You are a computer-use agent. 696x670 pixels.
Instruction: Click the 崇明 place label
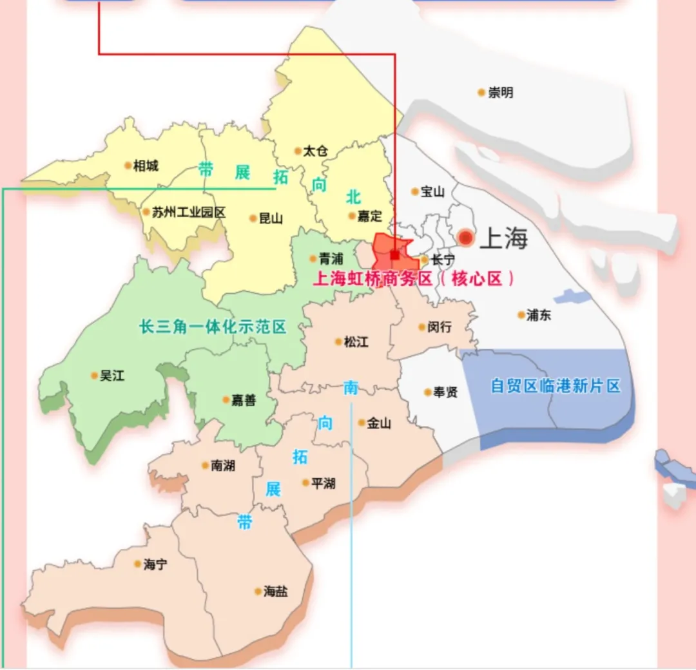501,93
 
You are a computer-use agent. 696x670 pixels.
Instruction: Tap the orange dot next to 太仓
298,151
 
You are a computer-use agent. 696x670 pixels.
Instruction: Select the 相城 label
145,166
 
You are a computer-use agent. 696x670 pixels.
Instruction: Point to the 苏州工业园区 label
188,212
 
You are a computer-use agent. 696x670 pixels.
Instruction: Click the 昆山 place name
271,218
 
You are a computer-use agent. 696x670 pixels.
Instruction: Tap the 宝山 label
432,192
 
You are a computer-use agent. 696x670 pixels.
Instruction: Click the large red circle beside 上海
465,238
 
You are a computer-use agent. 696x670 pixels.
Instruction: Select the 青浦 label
331,259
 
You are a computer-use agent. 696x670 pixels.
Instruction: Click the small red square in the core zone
394,255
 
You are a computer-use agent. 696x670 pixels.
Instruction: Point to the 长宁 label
443,260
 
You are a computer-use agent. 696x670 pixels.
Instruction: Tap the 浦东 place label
538,315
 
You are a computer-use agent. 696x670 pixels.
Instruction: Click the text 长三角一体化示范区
213,327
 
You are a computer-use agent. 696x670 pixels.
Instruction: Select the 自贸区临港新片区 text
555,386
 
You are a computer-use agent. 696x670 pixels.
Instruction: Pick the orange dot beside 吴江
95,375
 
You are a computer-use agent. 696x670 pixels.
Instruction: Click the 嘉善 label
243,400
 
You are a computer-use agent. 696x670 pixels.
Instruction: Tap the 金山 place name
379,423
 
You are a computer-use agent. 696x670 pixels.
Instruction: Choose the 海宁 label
155,564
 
